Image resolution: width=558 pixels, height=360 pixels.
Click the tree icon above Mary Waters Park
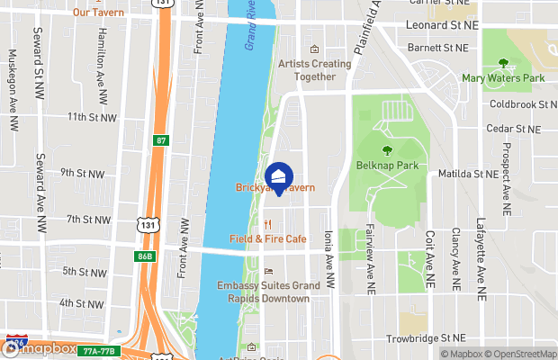click(x=504, y=64)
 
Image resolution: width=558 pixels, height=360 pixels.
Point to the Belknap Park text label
click(x=387, y=166)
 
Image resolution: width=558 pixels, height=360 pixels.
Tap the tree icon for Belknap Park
click(x=387, y=150)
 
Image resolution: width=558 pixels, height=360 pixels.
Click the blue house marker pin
click(x=280, y=176)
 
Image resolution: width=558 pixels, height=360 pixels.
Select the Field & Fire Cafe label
click(x=267, y=238)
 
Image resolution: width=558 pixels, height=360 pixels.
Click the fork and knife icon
click(x=267, y=223)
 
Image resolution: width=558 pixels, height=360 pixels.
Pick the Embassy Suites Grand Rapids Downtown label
click(x=268, y=292)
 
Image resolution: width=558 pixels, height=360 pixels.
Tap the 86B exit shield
click(x=145, y=256)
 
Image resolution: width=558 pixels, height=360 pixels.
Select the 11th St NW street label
click(x=92, y=117)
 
